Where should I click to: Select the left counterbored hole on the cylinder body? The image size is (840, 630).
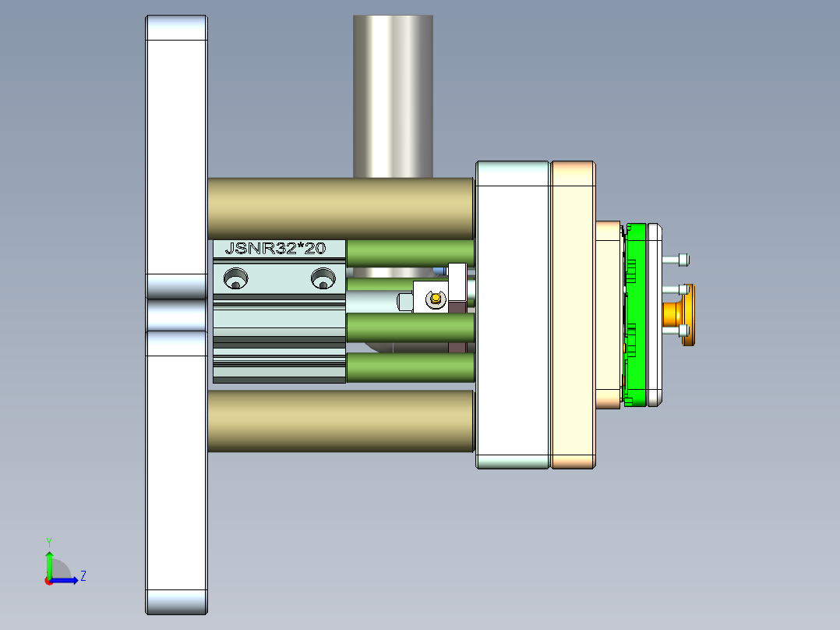235,278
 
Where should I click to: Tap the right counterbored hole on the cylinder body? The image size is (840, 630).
322,278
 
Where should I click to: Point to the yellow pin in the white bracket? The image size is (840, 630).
435,296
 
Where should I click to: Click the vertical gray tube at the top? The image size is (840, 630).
393,94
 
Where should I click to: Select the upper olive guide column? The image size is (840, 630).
341,207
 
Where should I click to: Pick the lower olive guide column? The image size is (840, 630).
341,421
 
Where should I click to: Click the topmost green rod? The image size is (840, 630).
410,253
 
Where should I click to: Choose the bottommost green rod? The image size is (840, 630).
410,367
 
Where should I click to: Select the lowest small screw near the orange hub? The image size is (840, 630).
676,338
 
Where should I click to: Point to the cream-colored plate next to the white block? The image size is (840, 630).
574,315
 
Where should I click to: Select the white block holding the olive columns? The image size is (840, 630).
512,315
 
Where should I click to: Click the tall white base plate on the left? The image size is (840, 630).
177,468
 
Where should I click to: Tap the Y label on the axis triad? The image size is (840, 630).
48,540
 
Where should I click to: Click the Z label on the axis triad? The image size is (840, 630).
83,576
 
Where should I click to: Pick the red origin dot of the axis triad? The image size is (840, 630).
48,580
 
